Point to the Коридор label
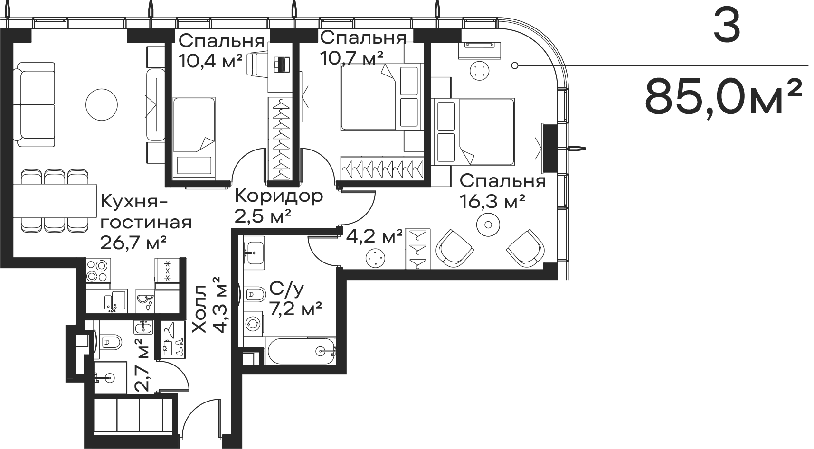click(279, 196)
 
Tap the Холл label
click(200, 309)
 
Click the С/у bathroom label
click(286, 288)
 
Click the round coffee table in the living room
click(102, 103)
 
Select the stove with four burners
click(98, 272)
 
